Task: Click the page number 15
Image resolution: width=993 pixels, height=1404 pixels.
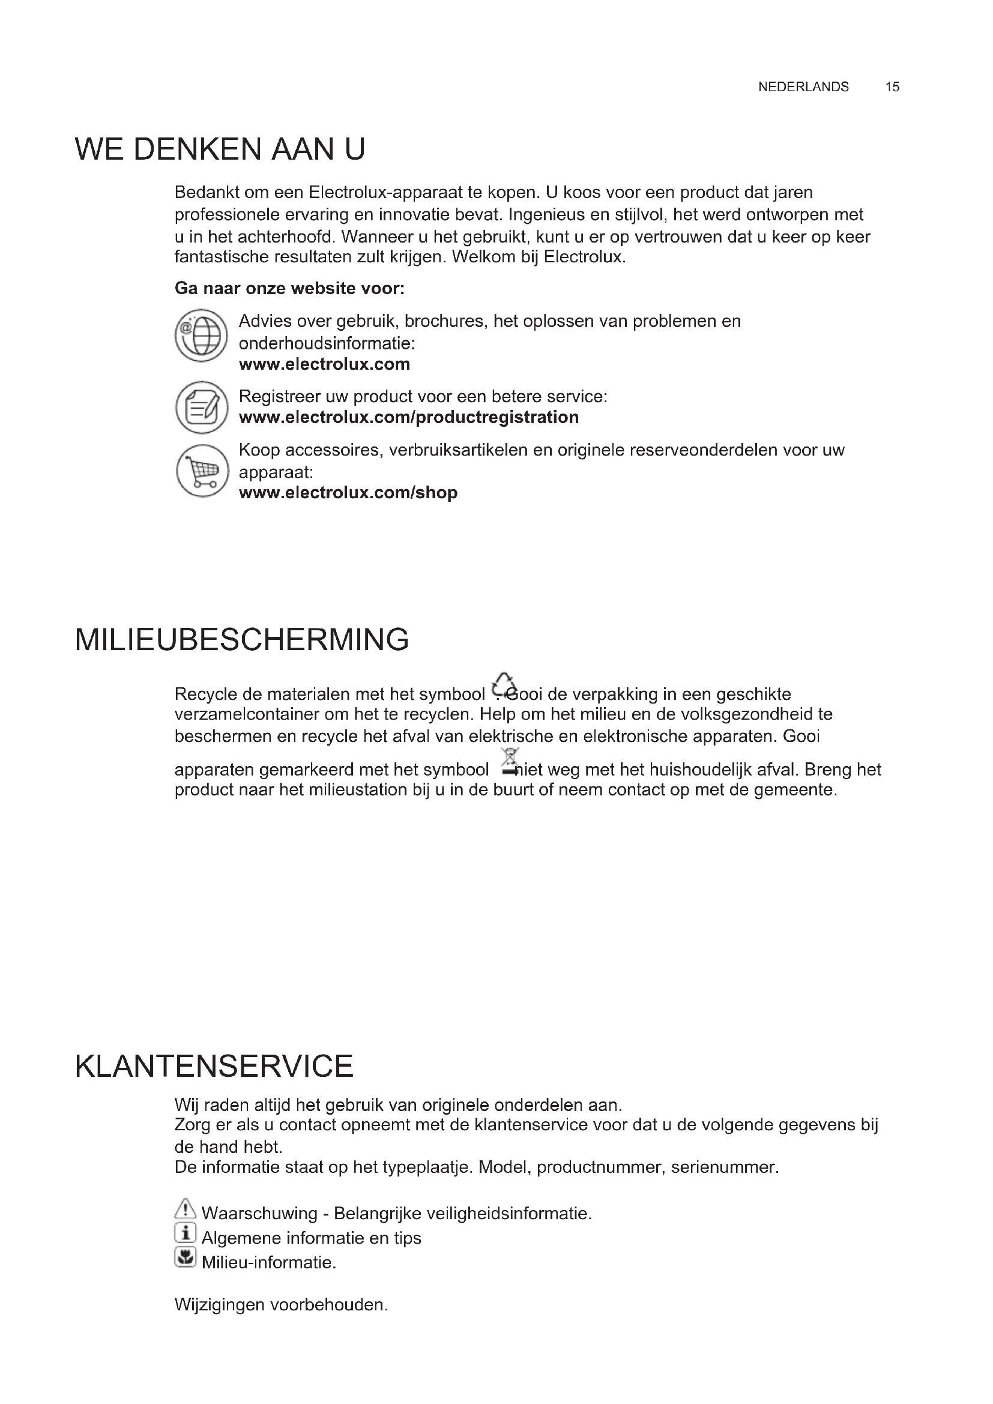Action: click(x=892, y=87)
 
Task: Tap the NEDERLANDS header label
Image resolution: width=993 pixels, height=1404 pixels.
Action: click(x=803, y=87)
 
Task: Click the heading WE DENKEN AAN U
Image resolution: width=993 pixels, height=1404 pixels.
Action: click(x=220, y=149)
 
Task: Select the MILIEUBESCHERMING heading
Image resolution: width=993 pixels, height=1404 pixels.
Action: click(x=241, y=640)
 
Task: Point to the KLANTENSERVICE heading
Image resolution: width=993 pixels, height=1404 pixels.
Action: click(x=214, y=1067)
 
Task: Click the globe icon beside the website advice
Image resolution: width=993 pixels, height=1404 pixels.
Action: click(x=201, y=335)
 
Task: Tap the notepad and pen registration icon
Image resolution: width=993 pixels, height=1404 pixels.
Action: click(x=201, y=407)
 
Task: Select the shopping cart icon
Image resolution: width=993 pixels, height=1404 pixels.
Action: click(x=202, y=470)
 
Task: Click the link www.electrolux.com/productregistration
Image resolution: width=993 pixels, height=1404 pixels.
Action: click(x=408, y=417)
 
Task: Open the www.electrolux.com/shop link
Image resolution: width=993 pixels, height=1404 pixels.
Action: click(x=348, y=492)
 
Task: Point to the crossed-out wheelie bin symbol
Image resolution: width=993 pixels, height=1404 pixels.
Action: click(x=509, y=761)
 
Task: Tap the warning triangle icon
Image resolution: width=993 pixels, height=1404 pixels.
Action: click(x=185, y=1208)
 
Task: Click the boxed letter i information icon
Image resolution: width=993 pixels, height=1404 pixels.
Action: click(x=185, y=1232)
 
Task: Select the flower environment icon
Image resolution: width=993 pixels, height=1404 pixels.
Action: click(x=185, y=1258)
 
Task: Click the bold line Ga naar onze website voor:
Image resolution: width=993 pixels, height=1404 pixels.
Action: click(x=289, y=288)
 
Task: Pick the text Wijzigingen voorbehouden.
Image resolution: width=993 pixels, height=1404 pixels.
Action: click(x=281, y=1304)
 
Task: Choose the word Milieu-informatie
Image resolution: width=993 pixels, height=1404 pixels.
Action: click(x=269, y=1262)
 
